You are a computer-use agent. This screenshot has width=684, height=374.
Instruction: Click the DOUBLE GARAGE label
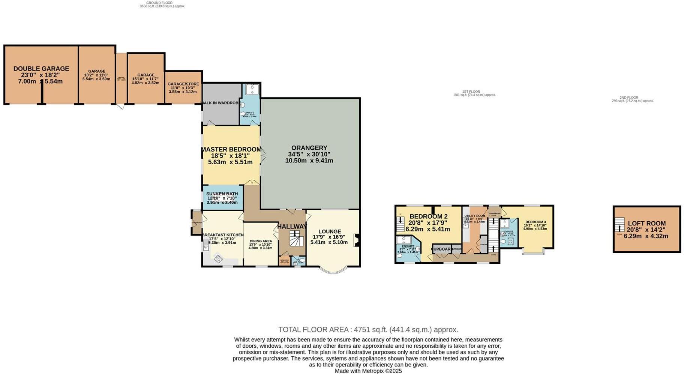41,69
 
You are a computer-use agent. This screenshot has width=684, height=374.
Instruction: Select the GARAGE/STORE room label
183,84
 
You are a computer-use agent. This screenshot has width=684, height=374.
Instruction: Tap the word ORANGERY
309,148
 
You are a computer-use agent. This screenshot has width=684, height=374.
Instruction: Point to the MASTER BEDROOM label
231,149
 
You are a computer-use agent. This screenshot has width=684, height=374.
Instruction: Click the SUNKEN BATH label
222,194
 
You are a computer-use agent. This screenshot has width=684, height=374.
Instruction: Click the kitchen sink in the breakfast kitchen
205,246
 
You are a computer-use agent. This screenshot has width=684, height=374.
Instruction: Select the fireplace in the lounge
357,240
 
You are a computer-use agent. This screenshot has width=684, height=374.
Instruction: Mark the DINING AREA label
261,241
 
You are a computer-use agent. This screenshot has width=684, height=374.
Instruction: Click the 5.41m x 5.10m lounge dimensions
329,242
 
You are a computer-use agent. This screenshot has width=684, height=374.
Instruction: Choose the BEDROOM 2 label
428,216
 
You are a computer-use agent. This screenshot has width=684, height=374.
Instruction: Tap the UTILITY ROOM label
474,216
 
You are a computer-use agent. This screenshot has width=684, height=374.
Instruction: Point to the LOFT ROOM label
646,223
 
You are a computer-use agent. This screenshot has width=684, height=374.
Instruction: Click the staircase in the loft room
620,225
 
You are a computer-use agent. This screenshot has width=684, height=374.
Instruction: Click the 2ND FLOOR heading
628,98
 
